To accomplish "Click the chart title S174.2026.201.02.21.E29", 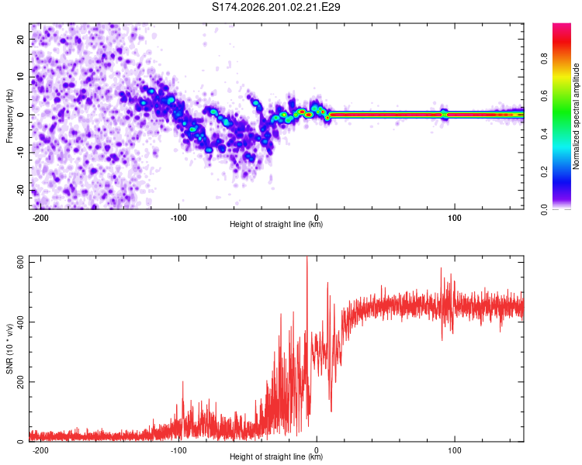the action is pyautogui.click(x=275, y=7).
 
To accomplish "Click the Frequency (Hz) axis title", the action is pyautogui.click(x=9, y=116).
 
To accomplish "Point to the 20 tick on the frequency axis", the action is pyautogui.click(x=21, y=39).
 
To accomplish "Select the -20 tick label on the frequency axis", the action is pyautogui.click(x=21, y=191).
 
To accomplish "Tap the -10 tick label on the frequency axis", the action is pyautogui.click(x=21, y=153).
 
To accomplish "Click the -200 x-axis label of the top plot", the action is pyautogui.click(x=40, y=218).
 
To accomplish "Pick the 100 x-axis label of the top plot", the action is pyautogui.click(x=454, y=218).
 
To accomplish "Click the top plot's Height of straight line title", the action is pyautogui.click(x=276, y=224).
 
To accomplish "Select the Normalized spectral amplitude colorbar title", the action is pyautogui.click(x=576, y=116).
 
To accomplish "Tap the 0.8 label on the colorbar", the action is pyautogui.click(x=544, y=59).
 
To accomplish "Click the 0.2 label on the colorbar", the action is pyautogui.click(x=544, y=172).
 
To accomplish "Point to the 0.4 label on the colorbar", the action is pyautogui.click(x=544, y=134).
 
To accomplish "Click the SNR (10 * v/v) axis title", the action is pyautogui.click(x=9, y=349).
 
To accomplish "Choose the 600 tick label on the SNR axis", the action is pyautogui.click(x=21, y=263).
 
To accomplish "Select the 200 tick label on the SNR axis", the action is pyautogui.click(x=21, y=382).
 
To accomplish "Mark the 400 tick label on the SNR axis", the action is pyautogui.click(x=21, y=322).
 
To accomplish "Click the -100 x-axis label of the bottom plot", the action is pyautogui.click(x=178, y=450).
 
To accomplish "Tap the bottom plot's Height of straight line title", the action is pyautogui.click(x=276, y=456).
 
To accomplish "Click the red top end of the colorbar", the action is pyautogui.click(x=562, y=26).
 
